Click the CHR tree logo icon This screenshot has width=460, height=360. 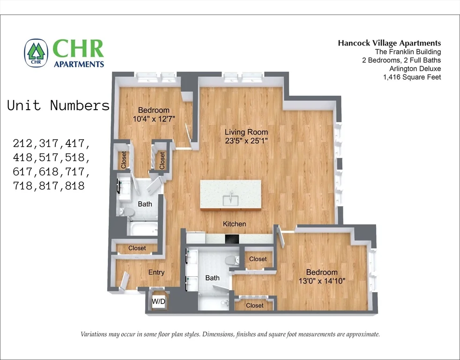[x=37, y=52]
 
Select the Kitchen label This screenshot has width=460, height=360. [x=234, y=224]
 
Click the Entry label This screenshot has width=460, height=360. [x=156, y=272]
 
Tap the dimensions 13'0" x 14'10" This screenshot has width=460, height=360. [x=322, y=281]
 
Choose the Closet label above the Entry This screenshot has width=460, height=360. [x=137, y=248]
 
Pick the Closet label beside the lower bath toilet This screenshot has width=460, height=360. [x=258, y=259]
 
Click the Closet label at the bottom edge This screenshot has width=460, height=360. [x=254, y=305]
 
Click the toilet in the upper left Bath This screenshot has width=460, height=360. [x=126, y=212]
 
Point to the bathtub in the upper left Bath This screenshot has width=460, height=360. [x=143, y=229]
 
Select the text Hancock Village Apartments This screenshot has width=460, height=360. [x=389, y=43]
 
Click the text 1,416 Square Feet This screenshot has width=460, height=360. [x=412, y=77]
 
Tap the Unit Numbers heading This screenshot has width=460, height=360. [x=58, y=105]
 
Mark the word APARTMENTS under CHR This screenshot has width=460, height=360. [x=79, y=64]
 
